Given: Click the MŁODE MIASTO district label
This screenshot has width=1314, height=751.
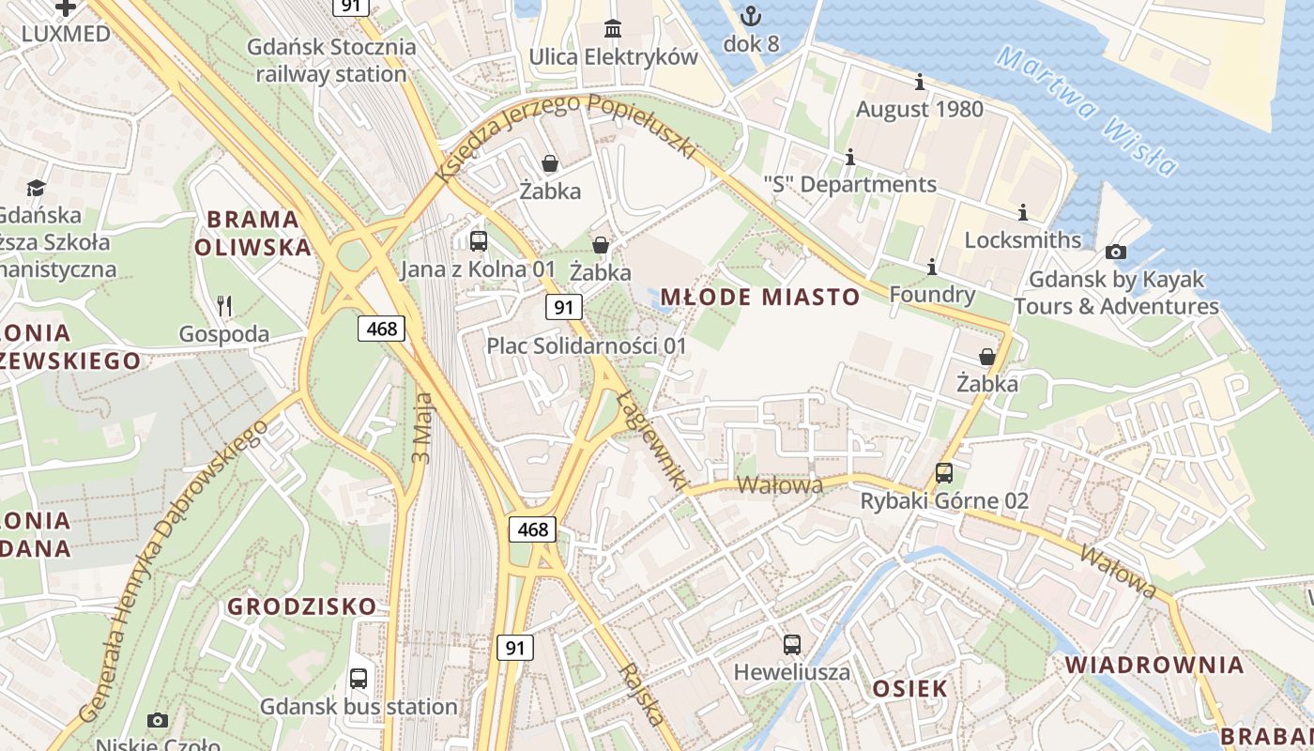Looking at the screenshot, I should tap(759, 298).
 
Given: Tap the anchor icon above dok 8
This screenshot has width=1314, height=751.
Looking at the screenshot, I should tap(750, 16).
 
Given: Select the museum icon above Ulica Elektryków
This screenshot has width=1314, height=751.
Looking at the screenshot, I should tap(613, 29).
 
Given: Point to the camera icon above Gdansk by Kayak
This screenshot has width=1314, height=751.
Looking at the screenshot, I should tap(1116, 252).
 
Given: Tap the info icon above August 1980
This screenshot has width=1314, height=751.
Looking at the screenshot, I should tap(920, 83).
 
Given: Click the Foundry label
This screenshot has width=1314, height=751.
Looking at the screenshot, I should tap(932, 295).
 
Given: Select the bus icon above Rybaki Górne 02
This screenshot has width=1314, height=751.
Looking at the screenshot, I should tap(944, 473).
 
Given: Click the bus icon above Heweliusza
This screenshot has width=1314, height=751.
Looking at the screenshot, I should tap(792, 645).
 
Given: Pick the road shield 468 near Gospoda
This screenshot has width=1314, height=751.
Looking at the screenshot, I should tap(381, 328).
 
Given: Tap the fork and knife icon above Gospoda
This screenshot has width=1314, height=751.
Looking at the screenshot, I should tap(223, 306).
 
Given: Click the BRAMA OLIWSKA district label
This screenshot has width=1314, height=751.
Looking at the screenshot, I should tap(252, 234).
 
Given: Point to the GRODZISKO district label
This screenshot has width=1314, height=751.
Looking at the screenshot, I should tap(301, 606).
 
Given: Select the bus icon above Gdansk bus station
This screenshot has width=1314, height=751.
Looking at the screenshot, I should tap(359, 679).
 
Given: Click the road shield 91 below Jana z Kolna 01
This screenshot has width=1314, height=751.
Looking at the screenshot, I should tap(563, 306).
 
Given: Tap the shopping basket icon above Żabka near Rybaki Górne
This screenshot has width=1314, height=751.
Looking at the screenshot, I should tap(987, 357).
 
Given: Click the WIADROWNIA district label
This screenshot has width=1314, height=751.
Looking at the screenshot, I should tap(1154, 666).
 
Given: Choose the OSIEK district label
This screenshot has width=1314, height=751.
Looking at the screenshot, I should tap(909, 688).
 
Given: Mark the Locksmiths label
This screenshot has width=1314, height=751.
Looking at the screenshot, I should tap(1023, 239).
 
